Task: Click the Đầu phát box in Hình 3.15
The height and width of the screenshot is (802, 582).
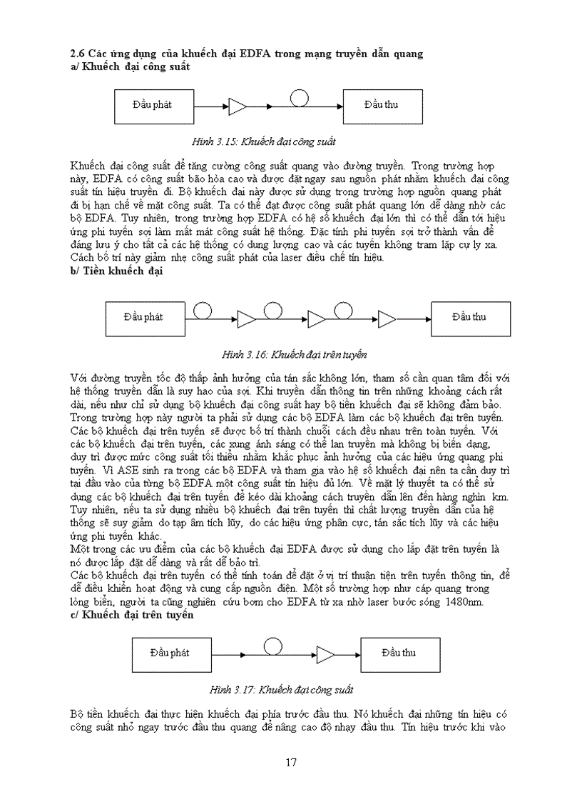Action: point(154,106)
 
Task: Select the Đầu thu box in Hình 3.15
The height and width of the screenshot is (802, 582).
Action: point(382,106)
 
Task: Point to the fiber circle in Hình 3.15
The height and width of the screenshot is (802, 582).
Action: point(300,99)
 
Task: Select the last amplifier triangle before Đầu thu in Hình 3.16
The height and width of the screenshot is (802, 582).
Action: point(387,318)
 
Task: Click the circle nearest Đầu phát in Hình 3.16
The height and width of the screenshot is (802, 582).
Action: point(203,310)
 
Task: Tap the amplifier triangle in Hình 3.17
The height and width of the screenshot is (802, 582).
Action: point(326,655)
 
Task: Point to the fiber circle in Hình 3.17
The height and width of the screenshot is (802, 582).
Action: point(272,646)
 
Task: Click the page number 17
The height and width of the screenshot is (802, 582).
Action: point(291,762)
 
